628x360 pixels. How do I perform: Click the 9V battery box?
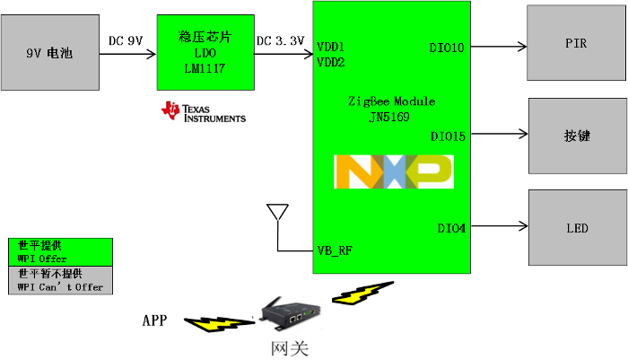(x=49, y=52)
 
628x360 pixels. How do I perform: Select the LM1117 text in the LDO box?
(x=204, y=68)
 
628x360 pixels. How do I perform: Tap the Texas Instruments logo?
(x=203, y=111)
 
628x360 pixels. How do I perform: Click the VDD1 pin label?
(x=331, y=47)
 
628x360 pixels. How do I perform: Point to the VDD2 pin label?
(x=331, y=63)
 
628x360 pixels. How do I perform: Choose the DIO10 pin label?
(x=447, y=48)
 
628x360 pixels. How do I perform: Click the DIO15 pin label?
(x=448, y=137)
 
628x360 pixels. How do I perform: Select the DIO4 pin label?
(x=451, y=228)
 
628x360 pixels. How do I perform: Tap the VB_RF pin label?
(x=335, y=250)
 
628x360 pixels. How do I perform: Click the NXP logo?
(x=393, y=171)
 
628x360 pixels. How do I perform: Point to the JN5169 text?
(x=390, y=117)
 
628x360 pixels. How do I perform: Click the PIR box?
(x=576, y=43)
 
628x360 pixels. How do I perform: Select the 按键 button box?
(x=577, y=136)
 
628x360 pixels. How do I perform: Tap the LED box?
(x=577, y=228)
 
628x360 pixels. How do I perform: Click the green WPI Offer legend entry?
(x=60, y=251)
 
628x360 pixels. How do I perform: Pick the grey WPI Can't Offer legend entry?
(x=60, y=280)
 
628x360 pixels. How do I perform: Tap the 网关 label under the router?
(x=290, y=347)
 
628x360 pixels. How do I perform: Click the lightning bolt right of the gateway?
(x=356, y=294)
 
